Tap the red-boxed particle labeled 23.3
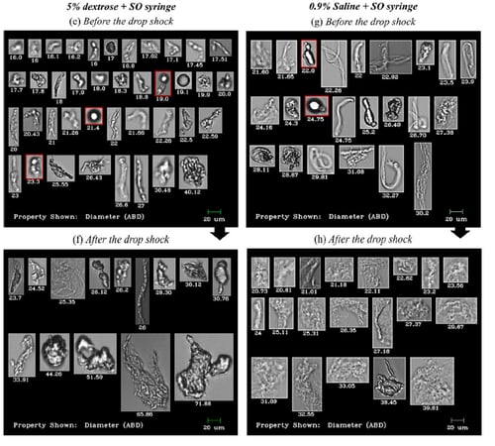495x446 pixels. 34,166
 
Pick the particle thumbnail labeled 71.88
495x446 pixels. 203,366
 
